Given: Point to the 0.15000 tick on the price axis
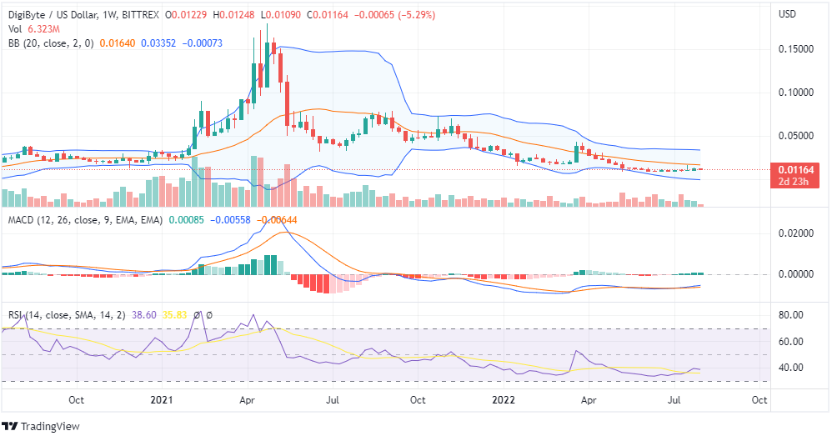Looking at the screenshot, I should click(795, 49).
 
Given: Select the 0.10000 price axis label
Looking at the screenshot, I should click(795, 93).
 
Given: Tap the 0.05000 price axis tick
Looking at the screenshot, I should click(795, 135).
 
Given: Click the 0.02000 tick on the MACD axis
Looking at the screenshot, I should click(795, 233).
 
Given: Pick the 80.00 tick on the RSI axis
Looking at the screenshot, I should click(790, 315).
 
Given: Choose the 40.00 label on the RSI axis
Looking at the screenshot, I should click(790, 368).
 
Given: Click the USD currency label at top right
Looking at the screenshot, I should click(788, 15).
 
